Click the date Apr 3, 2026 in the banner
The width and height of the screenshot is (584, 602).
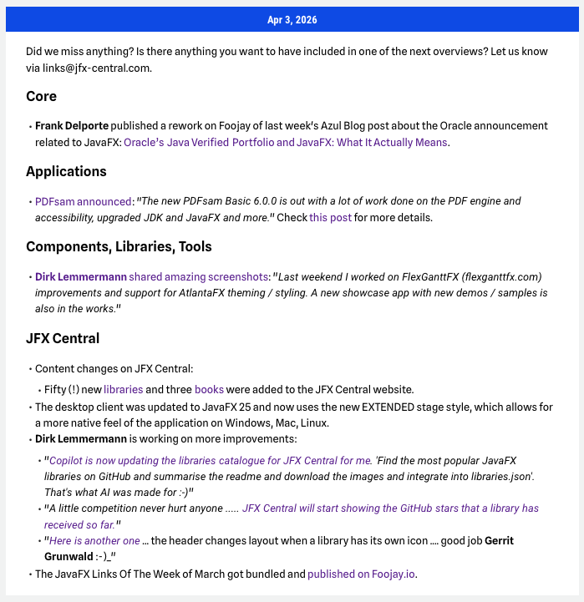pyautogui.click(x=292, y=19)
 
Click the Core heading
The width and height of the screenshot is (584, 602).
pyautogui.click(x=41, y=96)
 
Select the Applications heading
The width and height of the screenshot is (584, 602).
pyautogui.click(x=66, y=171)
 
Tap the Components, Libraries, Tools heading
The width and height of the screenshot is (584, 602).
pyautogui.click(x=119, y=246)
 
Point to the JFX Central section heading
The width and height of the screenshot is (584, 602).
pyautogui.click(x=63, y=338)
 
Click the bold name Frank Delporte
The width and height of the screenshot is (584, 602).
pyautogui.click(x=72, y=126)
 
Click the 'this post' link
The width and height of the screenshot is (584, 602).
pyautogui.click(x=330, y=217)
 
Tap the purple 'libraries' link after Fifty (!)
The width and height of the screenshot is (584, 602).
pyautogui.click(x=123, y=389)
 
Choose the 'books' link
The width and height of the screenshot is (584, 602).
pyautogui.click(x=209, y=389)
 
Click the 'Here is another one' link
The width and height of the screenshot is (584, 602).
pyautogui.click(x=94, y=541)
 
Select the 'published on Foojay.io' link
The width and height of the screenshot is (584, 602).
pyautogui.click(x=362, y=574)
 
